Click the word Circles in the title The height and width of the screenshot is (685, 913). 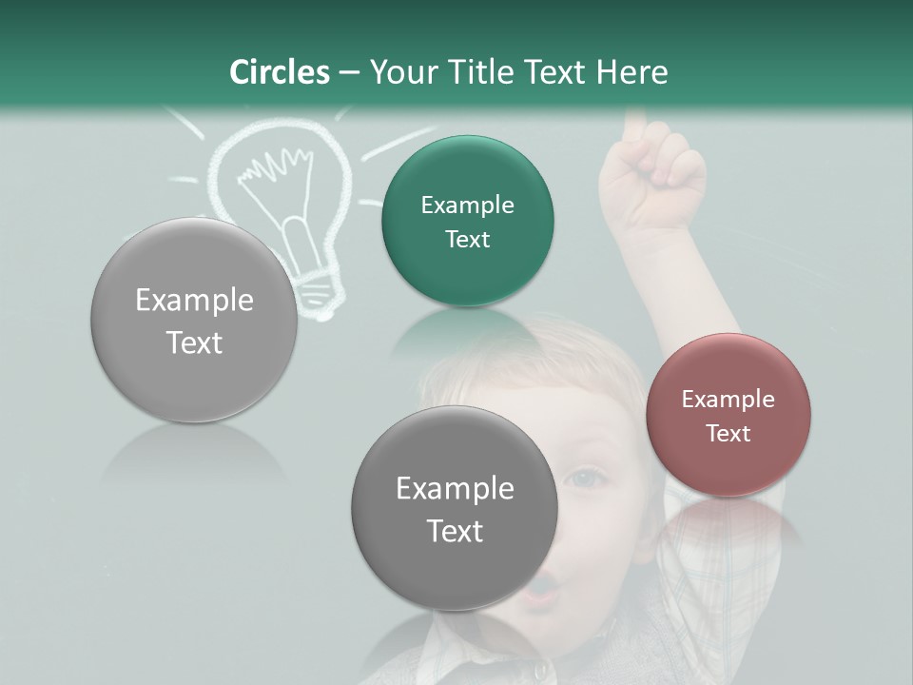(x=280, y=72)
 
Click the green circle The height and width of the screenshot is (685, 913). (x=467, y=222)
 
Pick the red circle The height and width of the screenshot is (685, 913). (x=728, y=415)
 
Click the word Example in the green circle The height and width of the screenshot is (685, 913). (x=467, y=205)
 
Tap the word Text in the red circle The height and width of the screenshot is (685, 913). (x=728, y=434)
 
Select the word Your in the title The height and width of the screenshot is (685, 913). (x=399, y=72)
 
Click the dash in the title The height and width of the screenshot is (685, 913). (x=348, y=73)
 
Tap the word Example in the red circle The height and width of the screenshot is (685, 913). (x=728, y=400)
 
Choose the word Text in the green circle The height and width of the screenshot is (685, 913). (x=467, y=240)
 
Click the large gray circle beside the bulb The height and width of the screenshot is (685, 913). (x=194, y=321)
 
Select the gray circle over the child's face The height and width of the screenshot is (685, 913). (x=455, y=509)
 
